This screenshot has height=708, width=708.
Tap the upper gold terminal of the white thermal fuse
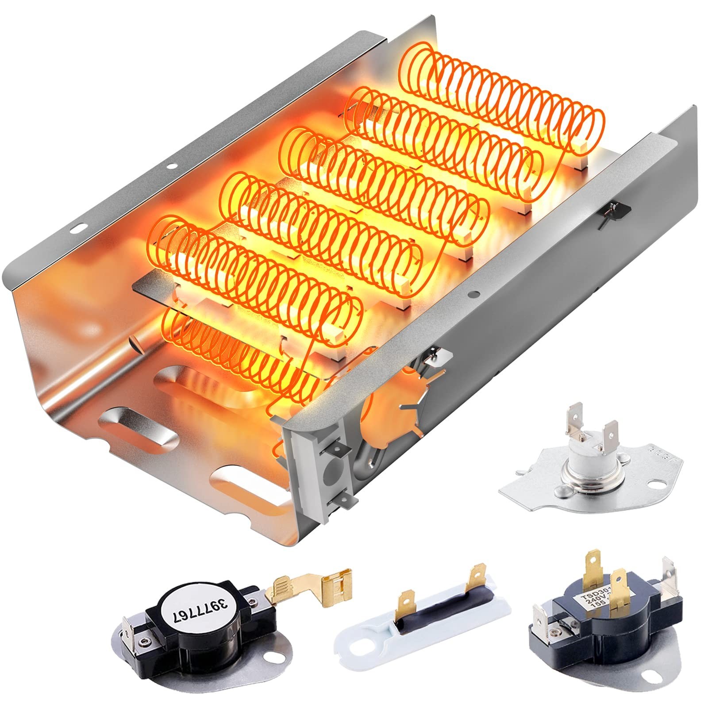[477, 575]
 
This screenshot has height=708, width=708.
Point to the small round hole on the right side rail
[474, 293]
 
